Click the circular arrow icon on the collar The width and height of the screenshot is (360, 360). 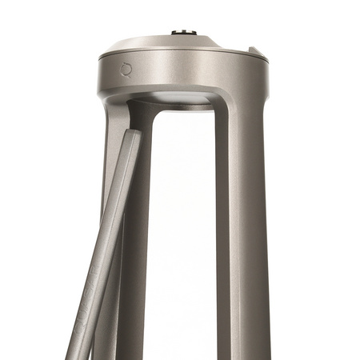tap(126, 70)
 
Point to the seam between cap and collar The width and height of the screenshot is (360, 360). tap(184, 57)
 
